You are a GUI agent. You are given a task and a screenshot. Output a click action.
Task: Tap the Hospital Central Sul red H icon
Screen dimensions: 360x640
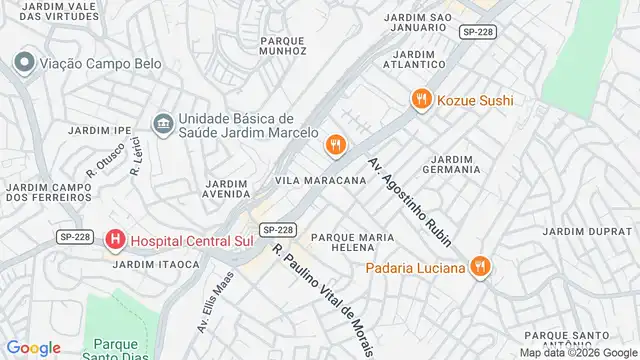[x=116, y=240]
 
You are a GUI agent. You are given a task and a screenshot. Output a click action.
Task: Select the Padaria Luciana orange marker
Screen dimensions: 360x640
[x=481, y=267]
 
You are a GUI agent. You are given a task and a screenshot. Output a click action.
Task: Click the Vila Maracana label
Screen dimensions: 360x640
[x=320, y=180]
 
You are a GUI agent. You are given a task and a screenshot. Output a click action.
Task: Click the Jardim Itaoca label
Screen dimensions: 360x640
[x=145, y=264]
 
